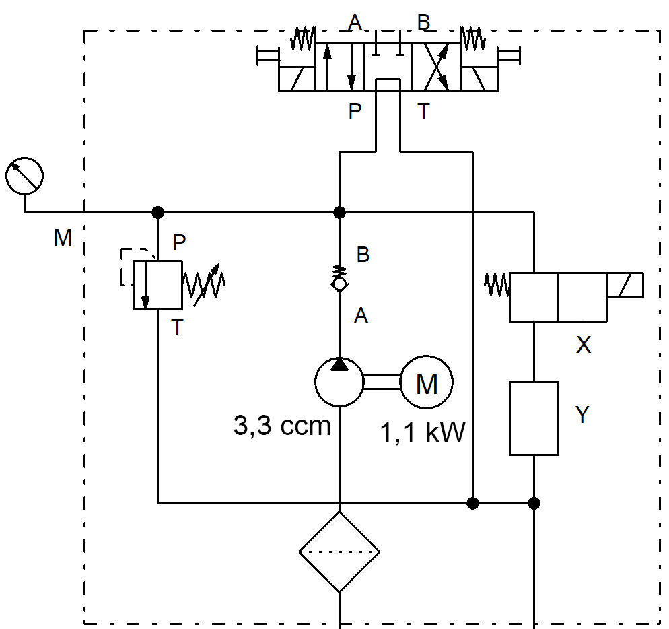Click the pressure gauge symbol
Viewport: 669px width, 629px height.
[24, 176]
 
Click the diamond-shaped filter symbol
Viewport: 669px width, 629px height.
[339, 552]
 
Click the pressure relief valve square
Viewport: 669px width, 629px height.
[157, 285]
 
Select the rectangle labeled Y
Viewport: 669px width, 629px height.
[534, 418]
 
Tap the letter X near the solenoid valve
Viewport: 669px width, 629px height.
[584, 345]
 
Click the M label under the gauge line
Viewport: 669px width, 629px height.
[63, 238]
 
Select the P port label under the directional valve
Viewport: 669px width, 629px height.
[355, 111]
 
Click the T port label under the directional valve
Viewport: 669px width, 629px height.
[423, 111]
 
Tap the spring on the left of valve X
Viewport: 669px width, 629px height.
[497, 285]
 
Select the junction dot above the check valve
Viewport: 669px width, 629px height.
[339, 212]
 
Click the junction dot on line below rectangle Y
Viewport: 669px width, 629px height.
[534, 502]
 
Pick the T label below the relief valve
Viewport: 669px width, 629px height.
[176, 328]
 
